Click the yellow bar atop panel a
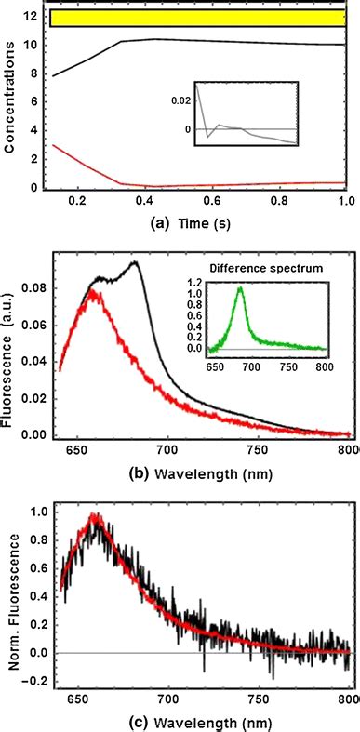(x=198, y=18)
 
